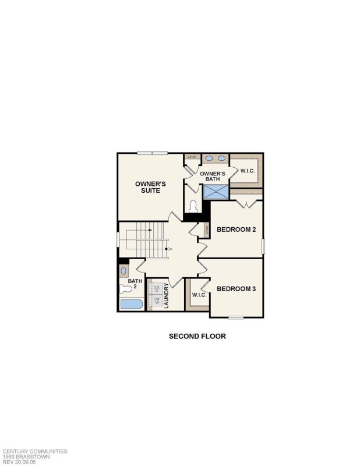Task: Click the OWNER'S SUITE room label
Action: [x=151, y=186]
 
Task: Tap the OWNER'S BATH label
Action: [x=213, y=176]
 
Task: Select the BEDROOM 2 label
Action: [x=236, y=229]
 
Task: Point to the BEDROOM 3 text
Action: [x=236, y=288]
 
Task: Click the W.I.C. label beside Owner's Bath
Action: [x=248, y=171]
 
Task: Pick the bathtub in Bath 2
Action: [x=130, y=304]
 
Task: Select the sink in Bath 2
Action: [x=123, y=271]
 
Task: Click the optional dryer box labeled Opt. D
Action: [x=156, y=288]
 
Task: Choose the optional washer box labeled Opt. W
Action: [x=156, y=301]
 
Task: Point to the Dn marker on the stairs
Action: [x=169, y=249]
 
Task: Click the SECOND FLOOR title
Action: [x=197, y=336]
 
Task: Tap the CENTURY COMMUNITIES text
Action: [x=35, y=451]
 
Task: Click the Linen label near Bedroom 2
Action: [x=206, y=230]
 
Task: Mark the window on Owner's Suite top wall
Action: [x=153, y=153]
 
